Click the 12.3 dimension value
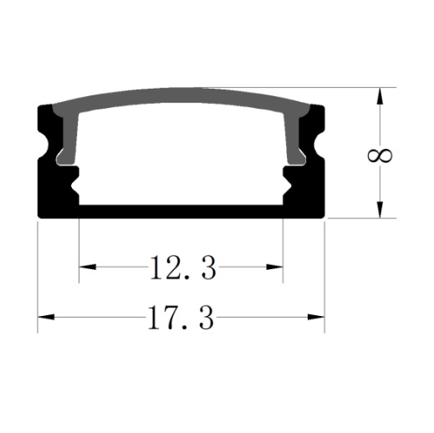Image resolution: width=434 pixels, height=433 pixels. pyautogui.click(x=182, y=268)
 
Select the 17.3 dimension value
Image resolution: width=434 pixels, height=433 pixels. pyautogui.click(x=181, y=318)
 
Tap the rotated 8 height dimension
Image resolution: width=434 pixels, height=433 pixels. pyautogui.click(x=380, y=155)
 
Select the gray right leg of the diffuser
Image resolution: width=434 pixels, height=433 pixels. pyautogui.click(x=294, y=138)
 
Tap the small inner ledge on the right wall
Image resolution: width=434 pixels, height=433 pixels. pyautogui.click(x=287, y=176)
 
